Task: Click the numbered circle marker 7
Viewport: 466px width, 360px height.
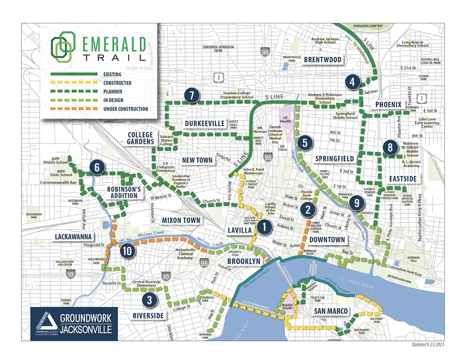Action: tap(191, 96)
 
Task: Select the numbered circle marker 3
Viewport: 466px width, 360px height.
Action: tap(150, 300)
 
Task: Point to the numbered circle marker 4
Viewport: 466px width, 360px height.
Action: tap(352, 82)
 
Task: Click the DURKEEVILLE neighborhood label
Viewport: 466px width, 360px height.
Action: tap(204, 123)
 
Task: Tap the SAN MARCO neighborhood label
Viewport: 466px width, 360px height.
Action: tap(331, 311)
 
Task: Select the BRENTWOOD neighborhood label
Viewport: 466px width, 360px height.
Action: tap(322, 60)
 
